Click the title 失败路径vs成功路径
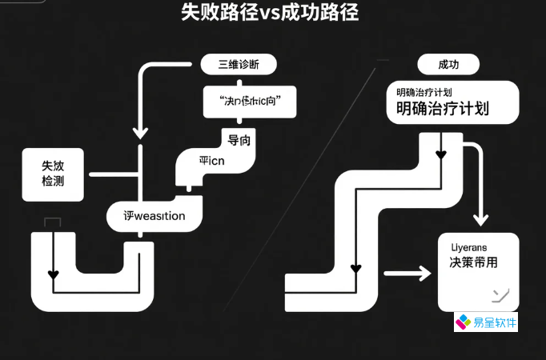click(x=270, y=12)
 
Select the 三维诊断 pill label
click(x=237, y=65)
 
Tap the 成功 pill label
click(x=448, y=65)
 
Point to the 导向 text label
click(x=239, y=141)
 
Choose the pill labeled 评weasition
click(x=155, y=216)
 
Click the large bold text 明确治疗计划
click(x=442, y=109)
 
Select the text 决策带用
click(x=474, y=262)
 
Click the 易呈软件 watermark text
click(x=496, y=323)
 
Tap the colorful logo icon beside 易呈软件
click(x=464, y=323)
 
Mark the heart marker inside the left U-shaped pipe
click(x=54, y=274)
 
